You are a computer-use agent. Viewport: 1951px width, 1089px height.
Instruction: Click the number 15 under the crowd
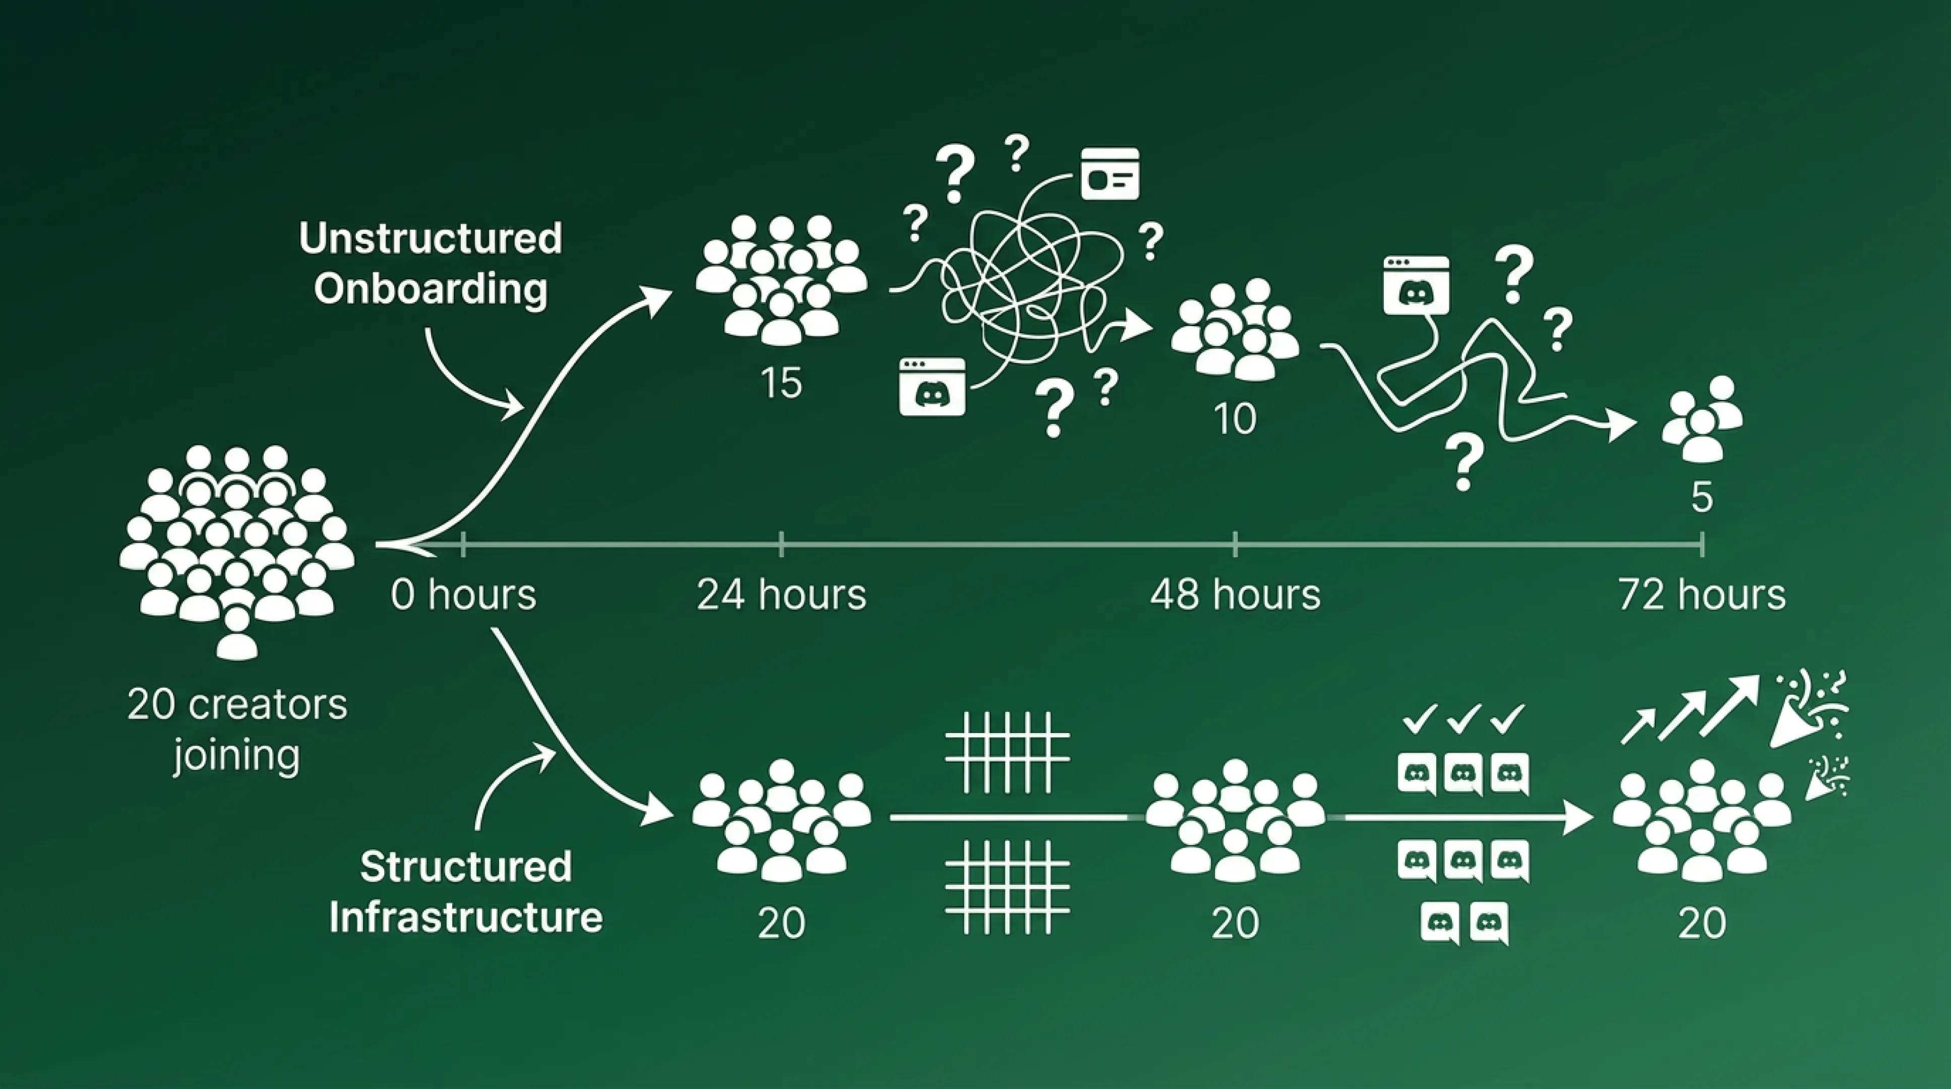click(x=781, y=383)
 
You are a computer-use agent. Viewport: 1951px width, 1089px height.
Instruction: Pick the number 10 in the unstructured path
click(x=1235, y=419)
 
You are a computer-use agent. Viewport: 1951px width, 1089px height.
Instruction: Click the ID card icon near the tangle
click(x=1110, y=174)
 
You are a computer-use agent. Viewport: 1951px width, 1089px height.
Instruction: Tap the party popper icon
click(x=1810, y=708)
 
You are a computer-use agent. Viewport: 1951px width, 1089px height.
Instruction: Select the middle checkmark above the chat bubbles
click(x=1463, y=718)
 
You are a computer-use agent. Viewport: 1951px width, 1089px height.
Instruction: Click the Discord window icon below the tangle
click(x=932, y=387)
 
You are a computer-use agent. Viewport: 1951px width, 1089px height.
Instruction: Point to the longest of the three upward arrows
click(x=1731, y=704)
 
